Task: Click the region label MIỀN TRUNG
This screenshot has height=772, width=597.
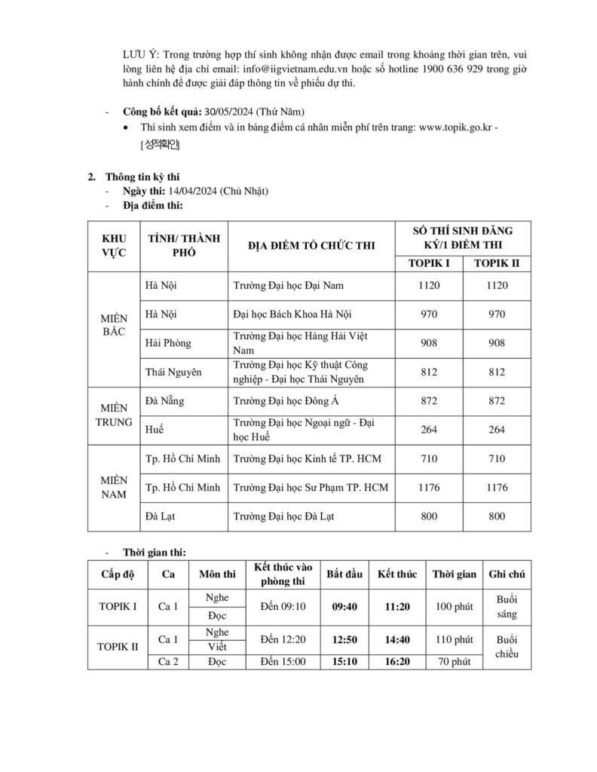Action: (112, 415)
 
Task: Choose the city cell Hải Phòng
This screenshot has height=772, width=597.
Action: (167, 343)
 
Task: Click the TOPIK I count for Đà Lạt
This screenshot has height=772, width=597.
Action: (433, 516)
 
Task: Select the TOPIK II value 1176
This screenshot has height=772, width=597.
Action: (497, 488)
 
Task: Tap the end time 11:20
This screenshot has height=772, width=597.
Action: (397, 606)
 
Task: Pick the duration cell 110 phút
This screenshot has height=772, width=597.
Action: (454, 639)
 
